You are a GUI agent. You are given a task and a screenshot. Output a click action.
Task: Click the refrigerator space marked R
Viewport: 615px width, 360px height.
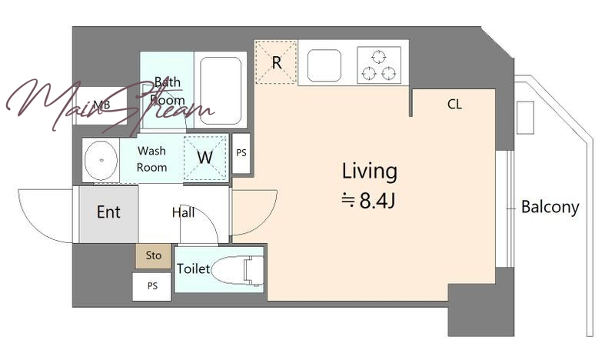tap(276, 62)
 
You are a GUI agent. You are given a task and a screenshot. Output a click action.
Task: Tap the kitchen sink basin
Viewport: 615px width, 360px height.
tap(324, 65)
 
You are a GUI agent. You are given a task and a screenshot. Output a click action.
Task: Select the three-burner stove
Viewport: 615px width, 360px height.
tap(379, 65)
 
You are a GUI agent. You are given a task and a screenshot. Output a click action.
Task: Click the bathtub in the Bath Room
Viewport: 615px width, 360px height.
tap(221, 90)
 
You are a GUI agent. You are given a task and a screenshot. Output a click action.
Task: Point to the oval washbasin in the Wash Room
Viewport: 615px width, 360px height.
tap(101, 160)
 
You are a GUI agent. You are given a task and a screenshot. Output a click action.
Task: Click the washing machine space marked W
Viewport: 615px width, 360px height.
tap(205, 158)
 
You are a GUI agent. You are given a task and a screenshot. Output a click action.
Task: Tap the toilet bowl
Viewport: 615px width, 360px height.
tap(238, 270)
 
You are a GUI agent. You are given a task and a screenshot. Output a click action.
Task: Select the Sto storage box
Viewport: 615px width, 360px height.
tap(153, 256)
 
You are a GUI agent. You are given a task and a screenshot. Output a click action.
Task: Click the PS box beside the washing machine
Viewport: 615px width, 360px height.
tap(241, 153)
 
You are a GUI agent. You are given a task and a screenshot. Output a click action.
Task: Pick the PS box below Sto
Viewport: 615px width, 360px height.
tap(152, 287)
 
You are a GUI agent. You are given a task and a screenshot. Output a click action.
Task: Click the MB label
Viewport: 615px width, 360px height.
tap(101, 105)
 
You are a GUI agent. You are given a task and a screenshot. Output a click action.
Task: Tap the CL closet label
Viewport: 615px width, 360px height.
tap(454, 104)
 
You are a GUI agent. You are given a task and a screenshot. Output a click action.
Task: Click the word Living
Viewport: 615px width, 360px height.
tap(370, 172)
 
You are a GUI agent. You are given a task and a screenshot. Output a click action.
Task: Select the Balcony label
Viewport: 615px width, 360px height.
tap(550, 207)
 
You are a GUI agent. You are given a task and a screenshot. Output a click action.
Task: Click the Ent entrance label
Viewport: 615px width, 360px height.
tap(108, 212)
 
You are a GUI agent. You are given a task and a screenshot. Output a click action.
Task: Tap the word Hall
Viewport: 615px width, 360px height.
tap(183, 212)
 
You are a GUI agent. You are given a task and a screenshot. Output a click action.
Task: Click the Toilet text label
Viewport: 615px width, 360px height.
tap(194, 268)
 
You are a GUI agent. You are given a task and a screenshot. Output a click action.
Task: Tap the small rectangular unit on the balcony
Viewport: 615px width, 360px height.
tap(525, 118)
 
